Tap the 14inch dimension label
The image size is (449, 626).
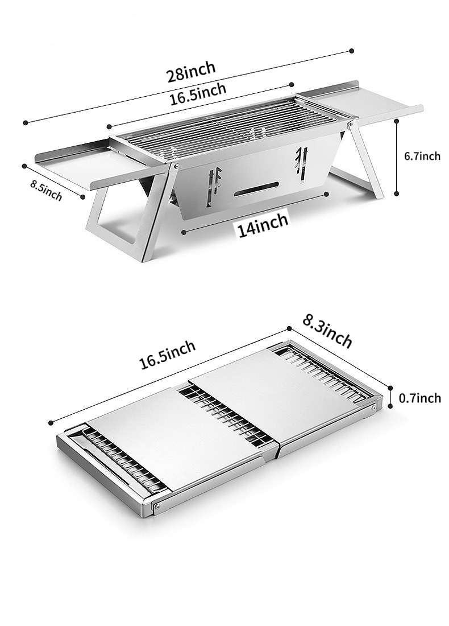point(263,226)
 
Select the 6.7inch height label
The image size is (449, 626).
point(422,156)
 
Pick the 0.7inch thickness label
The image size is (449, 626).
point(420,398)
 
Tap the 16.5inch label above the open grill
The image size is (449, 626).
point(198,94)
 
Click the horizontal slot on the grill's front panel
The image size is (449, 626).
point(256,189)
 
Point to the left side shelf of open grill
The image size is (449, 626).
point(99,164)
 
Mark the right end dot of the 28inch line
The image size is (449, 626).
point(351,51)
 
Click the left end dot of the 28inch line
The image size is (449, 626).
point(26,122)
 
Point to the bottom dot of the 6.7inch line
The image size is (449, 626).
point(396,193)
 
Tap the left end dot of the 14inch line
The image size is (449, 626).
point(184,232)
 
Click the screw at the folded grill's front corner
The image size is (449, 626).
point(159,506)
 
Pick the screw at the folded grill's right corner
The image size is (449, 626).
point(373,407)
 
